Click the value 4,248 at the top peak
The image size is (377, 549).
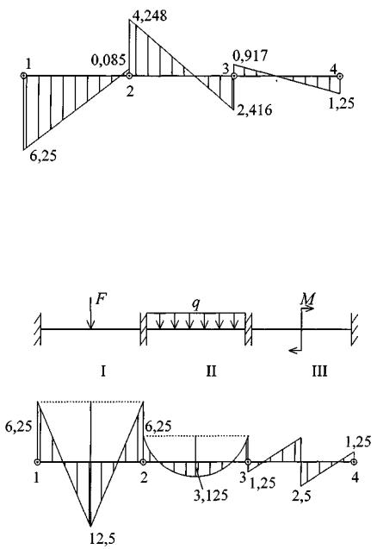point(150,16)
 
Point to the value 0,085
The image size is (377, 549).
point(108,60)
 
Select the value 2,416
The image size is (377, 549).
point(254,110)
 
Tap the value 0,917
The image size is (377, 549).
point(250,56)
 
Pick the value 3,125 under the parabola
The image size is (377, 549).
point(211,495)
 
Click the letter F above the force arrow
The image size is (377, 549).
point(101,300)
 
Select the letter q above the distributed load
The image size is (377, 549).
point(196,305)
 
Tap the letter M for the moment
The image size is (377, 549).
point(308,299)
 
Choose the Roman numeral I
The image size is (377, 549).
point(102,371)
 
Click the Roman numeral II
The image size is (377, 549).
point(211,371)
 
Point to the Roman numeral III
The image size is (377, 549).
point(319,371)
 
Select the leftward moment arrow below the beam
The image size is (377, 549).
point(295,350)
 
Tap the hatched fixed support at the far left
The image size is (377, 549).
point(38,328)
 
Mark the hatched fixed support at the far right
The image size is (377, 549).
point(354,328)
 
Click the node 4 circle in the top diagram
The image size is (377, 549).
point(340,76)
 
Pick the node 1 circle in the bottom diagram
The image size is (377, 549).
point(37,462)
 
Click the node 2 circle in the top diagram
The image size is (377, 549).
point(129,76)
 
